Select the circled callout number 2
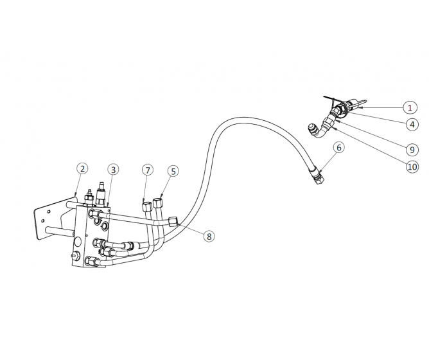(x=82, y=169)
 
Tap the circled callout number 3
(x=113, y=170)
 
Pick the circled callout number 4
(x=410, y=124)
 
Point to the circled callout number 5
(x=173, y=171)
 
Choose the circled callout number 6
(x=339, y=147)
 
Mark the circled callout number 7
(x=148, y=170)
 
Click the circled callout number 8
(x=209, y=236)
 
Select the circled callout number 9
(x=410, y=148)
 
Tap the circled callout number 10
(x=410, y=165)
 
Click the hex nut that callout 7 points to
(x=146, y=206)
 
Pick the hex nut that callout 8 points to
(x=173, y=222)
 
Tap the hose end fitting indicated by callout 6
(x=317, y=174)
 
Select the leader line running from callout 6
(x=329, y=160)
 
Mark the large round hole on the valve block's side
(x=77, y=244)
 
